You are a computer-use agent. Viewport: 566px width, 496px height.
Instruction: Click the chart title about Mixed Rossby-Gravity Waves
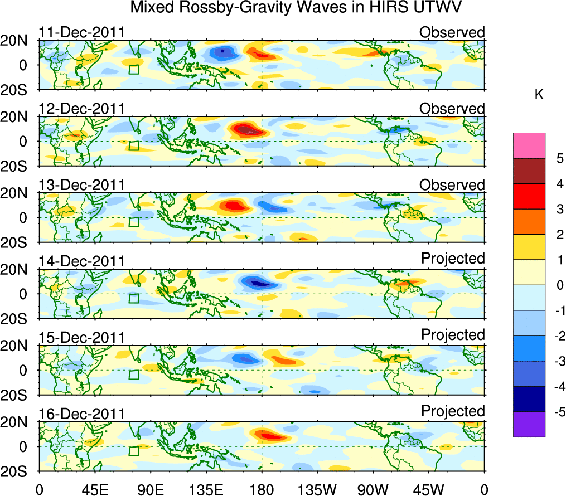(297, 8)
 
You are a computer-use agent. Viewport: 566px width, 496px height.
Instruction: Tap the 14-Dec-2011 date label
(81, 261)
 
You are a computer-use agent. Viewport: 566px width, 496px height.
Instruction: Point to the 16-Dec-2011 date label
(81, 414)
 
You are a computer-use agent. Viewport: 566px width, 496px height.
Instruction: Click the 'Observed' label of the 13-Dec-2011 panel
(452, 185)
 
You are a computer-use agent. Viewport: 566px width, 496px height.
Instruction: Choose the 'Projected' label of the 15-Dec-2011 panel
(453, 335)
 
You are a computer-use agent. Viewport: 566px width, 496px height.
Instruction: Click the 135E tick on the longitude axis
(205, 490)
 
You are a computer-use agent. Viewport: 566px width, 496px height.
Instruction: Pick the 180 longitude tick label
(261, 490)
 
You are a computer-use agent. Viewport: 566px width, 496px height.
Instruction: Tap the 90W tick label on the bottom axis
(372, 490)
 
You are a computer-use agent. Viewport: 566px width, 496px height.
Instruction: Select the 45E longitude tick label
(94, 490)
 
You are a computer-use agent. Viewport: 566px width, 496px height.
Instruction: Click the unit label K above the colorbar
(539, 95)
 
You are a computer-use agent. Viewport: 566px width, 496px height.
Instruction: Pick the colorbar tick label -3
(557, 361)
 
